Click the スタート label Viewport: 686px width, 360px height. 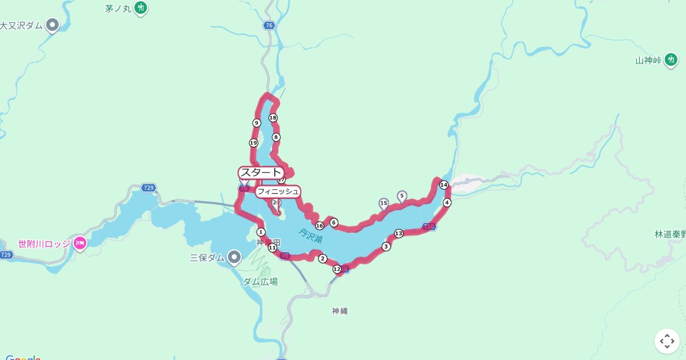pyautogui.click(x=261, y=173)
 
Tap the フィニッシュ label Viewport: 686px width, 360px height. pyautogui.click(x=277, y=191)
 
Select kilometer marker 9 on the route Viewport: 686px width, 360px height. pyautogui.click(x=257, y=123)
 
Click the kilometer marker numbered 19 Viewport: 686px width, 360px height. pyautogui.click(x=253, y=143)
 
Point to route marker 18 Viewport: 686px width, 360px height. pyautogui.click(x=273, y=118)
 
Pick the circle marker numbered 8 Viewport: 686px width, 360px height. pyautogui.click(x=276, y=137)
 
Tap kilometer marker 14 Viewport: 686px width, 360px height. pyautogui.click(x=444, y=185)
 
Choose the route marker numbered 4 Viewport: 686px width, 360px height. pyautogui.click(x=447, y=203)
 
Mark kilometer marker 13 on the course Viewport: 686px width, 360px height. pyautogui.click(x=398, y=233)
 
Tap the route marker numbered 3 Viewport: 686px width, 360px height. pyautogui.click(x=386, y=247)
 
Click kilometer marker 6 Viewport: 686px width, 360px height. pyautogui.click(x=334, y=223)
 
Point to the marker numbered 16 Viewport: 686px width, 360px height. pyautogui.click(x=320, y=226)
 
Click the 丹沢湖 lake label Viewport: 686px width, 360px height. pyautogui.click(x=310, y=234)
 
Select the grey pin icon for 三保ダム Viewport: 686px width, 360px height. pyautogui.click(x=234, y=257)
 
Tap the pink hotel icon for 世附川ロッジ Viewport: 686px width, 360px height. pyautogui.click(x=79, y=243)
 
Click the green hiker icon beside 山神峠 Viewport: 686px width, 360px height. pyautogui.click(x=671, y=59)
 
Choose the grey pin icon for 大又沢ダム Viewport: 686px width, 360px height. pyautogui.click(x=53, y=25)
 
